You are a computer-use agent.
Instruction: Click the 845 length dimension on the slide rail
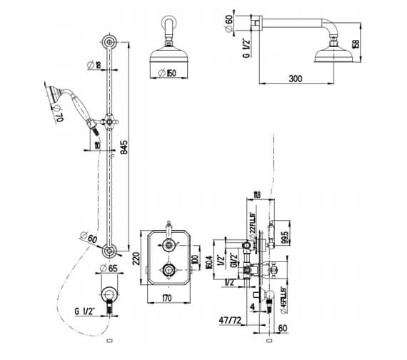click(124, 147)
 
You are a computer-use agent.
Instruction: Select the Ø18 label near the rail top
click(93, 65)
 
